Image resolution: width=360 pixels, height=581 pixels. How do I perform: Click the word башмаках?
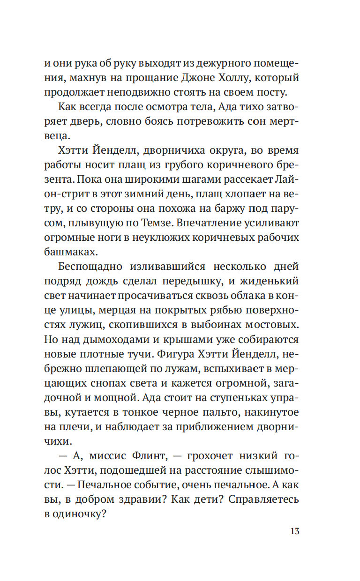78,251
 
